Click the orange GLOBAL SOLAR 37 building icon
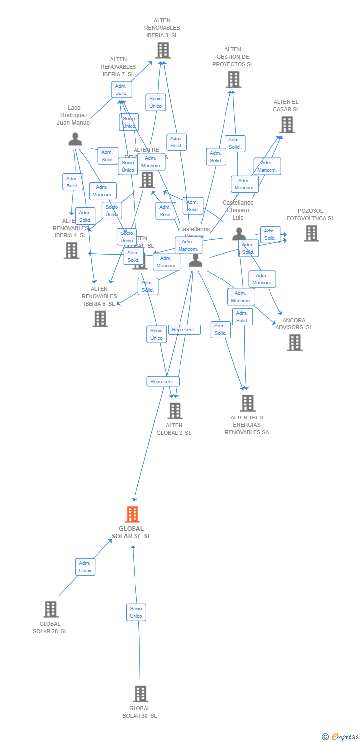(132, 514)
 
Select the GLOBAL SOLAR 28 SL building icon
(51, 609)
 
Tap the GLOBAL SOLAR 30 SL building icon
(140, 694)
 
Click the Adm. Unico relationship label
(85, 567)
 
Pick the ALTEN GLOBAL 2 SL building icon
(175, 411)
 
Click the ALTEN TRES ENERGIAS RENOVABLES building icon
(248, 403)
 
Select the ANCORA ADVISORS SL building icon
(295, 342)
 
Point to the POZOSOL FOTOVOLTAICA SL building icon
(311, 233)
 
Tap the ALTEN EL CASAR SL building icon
(287, 125)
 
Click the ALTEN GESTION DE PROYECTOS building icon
(233, 79)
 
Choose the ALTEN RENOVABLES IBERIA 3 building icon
(163, 50)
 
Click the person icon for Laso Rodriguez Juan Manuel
(75, 139)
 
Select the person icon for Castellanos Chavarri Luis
(239, 234)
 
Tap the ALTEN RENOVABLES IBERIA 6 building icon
(100, 319)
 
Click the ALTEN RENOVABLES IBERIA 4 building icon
(71, 250)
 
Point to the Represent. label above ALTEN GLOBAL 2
(163, 382)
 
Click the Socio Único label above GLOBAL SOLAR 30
(136, 612)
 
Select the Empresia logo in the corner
(341, 736)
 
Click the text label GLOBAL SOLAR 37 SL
(132, 532)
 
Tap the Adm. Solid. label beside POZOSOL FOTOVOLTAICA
(270, 234)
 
